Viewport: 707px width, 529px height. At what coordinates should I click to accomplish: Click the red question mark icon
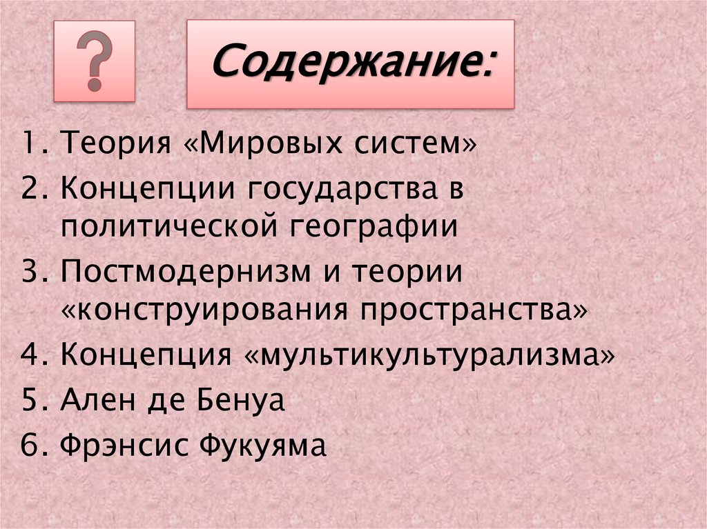pos(95,61)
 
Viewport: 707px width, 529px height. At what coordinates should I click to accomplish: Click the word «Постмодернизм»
pos(176,271)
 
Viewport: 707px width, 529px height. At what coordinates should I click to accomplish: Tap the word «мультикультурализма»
pos(430,357)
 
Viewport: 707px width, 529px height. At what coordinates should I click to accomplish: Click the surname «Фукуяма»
pos(262,446)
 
